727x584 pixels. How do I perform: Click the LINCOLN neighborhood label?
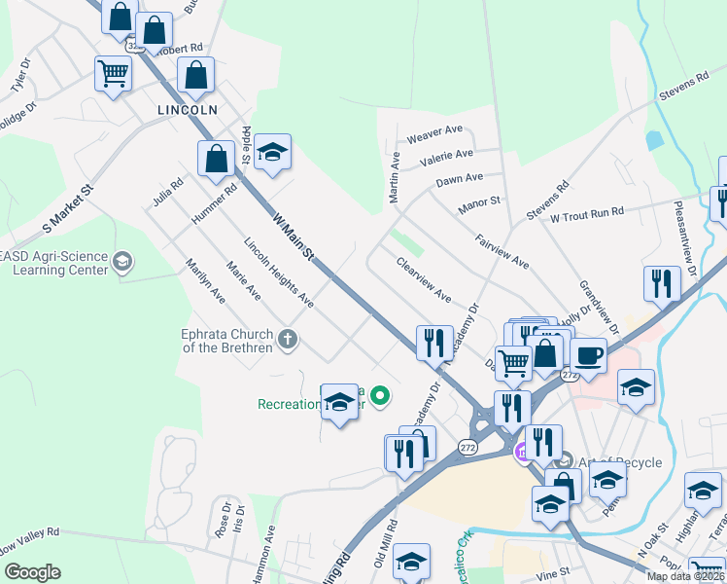tap(188, 110)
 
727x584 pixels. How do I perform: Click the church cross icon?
tap(287, 340)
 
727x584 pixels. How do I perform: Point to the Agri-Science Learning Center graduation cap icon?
tap(122, 261)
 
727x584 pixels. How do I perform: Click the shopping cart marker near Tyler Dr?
tap(114, 73)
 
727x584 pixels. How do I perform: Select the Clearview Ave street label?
tap(423, 279)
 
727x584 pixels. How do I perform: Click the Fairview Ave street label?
tap(502, 250)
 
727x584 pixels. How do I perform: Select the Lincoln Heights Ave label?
tap(278, 274)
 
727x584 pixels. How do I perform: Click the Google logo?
tap(32, 572)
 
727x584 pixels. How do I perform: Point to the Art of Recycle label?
tap(620, 463)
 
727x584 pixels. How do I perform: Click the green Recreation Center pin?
tap(381, 395)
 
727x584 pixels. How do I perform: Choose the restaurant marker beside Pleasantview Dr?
tap(662, 283)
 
